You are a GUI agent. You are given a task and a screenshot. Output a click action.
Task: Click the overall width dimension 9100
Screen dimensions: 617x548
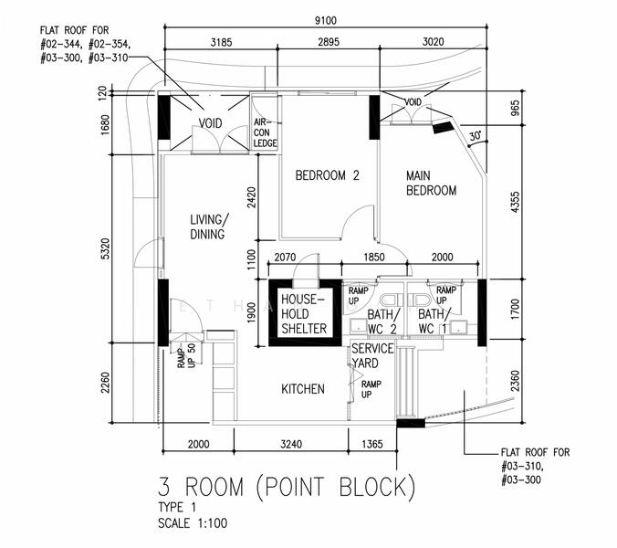coord(326,20)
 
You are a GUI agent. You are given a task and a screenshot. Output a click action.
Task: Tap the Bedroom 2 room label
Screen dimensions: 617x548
coord(328,175)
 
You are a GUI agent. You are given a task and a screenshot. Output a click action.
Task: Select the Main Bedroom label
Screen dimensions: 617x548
coord(432,183)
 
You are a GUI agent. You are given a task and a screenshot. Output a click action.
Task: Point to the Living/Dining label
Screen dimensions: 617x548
coord(209,227)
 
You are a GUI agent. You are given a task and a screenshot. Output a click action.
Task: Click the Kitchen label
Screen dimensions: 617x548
coord(303,389)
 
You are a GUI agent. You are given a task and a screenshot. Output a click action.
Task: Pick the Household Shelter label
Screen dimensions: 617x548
coord(304,314)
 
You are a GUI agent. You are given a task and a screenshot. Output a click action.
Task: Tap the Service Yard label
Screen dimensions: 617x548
coord(372,356)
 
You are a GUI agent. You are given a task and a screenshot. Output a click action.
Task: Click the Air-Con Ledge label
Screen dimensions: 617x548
coord(266,132)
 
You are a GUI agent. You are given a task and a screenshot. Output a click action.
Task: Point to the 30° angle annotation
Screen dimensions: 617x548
coord(476,136)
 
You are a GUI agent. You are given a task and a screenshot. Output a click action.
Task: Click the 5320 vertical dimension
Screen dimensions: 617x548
coord(106,248)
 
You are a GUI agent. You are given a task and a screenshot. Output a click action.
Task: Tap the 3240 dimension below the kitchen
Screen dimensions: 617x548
coord(291,444)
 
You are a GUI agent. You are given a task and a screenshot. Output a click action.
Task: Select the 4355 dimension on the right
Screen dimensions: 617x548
coord(515,203)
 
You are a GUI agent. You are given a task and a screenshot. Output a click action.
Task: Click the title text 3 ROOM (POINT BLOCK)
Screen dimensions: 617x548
coord(287,488)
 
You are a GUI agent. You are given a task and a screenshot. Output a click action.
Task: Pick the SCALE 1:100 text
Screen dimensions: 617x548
coord(193,523)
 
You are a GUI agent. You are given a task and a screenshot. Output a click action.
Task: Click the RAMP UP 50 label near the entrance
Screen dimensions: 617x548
coord(186,355)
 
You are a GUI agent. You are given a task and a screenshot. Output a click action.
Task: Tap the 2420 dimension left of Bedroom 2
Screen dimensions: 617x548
coord(251,197)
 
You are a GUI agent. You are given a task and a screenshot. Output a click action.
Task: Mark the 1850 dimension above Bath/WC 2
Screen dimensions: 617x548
coord(374,257)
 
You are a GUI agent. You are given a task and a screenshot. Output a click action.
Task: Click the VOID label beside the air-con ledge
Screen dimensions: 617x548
coord(210,123)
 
